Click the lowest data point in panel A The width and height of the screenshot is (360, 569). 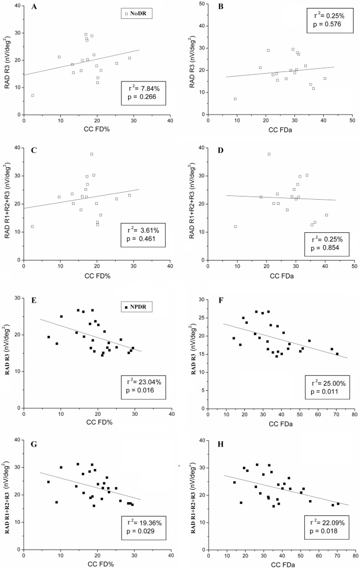pyautogui.click(x=33, y=95)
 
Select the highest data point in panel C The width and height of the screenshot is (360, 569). pyautogui.click(x=91, y=154)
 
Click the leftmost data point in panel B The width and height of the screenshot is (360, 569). pyautogui.click(x=235, y=99)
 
